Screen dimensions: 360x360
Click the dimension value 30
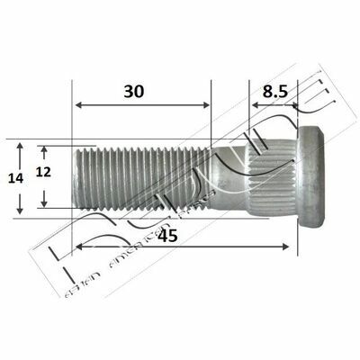136,91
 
